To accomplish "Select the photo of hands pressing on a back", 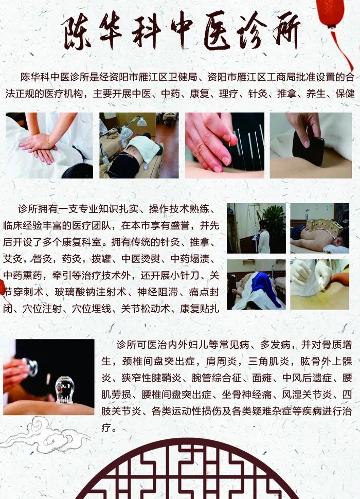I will coord(49,146).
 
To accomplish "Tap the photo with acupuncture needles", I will coord(225,146).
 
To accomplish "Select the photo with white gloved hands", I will coord(319,284).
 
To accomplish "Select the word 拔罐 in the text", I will coord(99,259).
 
